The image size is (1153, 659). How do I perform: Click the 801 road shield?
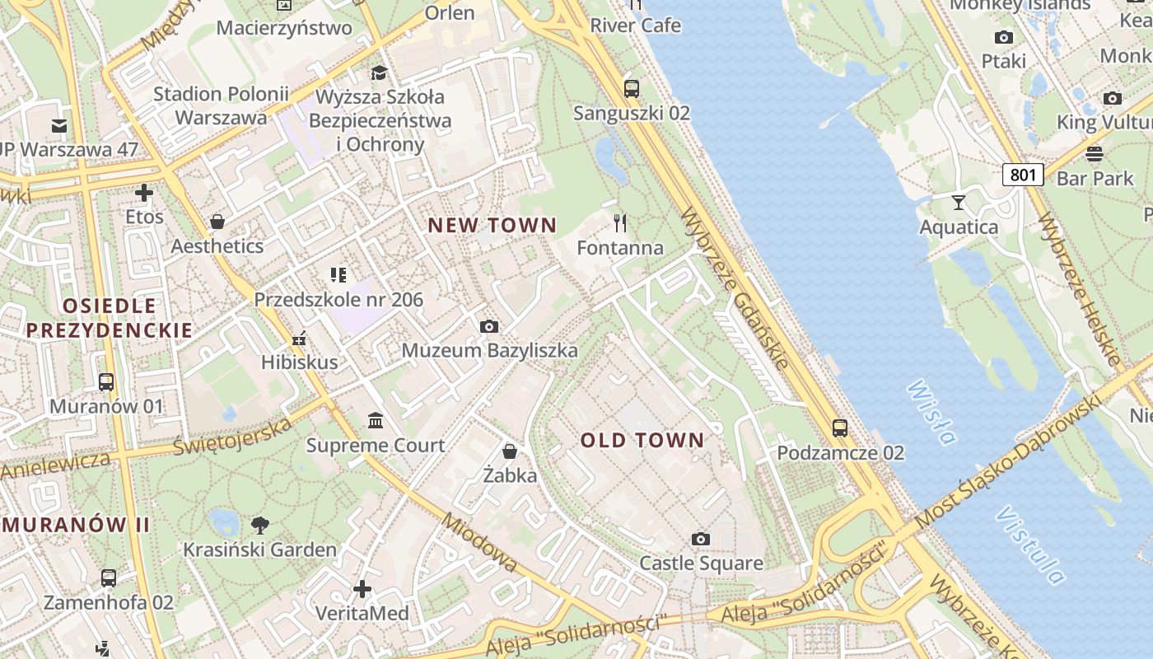(x=1023, y=175)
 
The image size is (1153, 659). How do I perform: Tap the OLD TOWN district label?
(x=642, y=441)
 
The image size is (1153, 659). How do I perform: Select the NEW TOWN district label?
(x=492, y=225)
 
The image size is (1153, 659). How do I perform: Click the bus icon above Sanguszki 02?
(x=632, y=89)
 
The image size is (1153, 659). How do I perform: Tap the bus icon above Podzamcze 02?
(x=840, y=428)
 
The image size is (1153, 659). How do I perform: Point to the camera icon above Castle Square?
(x=701, y=540)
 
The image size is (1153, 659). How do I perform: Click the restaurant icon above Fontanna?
(x=620, y=223)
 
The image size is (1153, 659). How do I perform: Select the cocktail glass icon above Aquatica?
(x=959, y=203)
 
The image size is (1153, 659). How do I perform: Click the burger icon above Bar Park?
(x=1095, y=154)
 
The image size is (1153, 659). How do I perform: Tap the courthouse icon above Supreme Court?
(x=376, y=421)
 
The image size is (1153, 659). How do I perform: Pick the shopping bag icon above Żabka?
(x=510, y=451)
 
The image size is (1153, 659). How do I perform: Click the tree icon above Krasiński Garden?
(x=259, y=525)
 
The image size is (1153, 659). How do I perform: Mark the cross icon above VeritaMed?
(x=362, y=589)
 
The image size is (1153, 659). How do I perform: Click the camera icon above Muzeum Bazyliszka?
(x=489, y=326)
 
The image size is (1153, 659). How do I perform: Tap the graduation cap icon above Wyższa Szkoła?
(x=379, y=72)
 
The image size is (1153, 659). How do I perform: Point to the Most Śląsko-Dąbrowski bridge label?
(x=1007, y=461)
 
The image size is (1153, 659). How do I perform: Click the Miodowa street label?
(x=479, y=543)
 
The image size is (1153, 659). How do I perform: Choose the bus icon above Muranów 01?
(x=106, y=382)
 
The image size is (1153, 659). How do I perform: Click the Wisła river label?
(x=932, y=411)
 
